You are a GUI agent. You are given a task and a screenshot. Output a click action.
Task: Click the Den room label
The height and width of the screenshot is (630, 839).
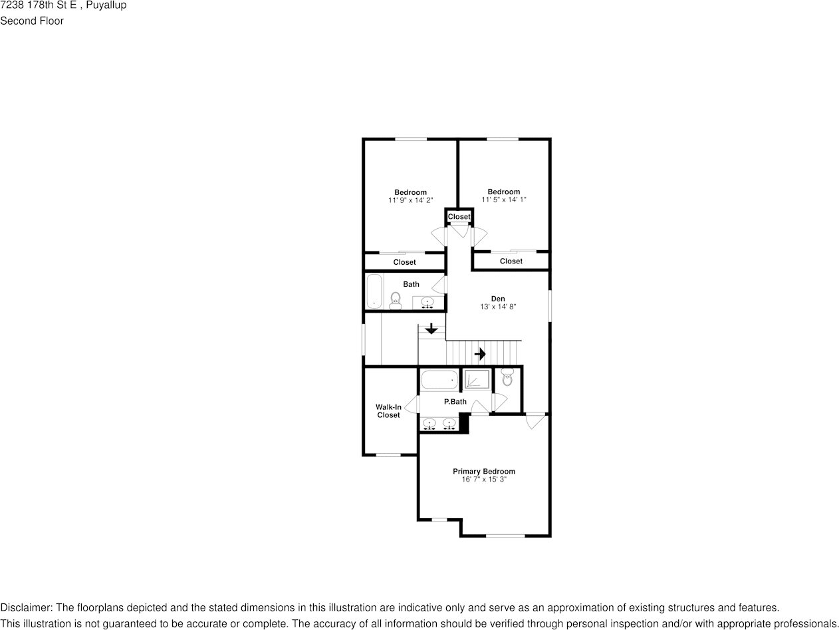click(498, 299)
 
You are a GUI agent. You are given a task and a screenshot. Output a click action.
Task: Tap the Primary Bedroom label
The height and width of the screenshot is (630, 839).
click(484, 471)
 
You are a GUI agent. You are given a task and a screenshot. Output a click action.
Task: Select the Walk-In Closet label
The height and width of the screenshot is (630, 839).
click(388, 411)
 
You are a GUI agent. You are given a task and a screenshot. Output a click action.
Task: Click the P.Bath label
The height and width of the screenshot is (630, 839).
click(455, 402)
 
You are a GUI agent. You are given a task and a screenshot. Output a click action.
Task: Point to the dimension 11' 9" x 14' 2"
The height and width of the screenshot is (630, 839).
click(410, 200)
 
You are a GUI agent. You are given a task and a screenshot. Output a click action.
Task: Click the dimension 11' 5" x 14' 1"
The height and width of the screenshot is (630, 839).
click(504, 200)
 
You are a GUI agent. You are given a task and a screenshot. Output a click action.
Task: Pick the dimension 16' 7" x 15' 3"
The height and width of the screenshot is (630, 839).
click(484, 479)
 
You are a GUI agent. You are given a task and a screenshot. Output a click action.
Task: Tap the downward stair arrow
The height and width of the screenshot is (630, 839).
click(431, 329)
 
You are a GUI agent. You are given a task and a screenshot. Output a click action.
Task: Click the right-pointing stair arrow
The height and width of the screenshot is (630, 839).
click(480, 354)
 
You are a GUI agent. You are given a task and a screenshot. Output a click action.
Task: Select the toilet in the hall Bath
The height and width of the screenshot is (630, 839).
click(395, 300)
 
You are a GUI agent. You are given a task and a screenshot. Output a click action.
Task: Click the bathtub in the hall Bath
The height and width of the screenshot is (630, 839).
click(374, 291)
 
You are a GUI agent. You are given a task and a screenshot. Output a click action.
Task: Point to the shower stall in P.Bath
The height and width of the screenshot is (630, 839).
click(476, 380)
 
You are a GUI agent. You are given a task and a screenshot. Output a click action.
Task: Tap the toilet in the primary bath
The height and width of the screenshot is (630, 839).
click(507, 377)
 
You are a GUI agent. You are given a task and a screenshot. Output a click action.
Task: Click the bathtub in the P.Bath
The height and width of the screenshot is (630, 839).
click(439, 380)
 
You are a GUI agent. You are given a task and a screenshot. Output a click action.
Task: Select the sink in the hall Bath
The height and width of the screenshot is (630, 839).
click(427, 303)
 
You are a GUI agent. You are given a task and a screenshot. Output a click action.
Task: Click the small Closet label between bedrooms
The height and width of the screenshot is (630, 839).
click(459, 216)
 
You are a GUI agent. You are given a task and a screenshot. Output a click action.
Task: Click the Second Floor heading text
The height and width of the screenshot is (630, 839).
click(32, 21)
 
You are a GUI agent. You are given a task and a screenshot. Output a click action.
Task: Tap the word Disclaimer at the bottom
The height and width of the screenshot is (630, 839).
click(26, 608)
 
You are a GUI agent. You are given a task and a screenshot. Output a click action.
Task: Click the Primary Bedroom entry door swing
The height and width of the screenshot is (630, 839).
click(535, 420)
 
